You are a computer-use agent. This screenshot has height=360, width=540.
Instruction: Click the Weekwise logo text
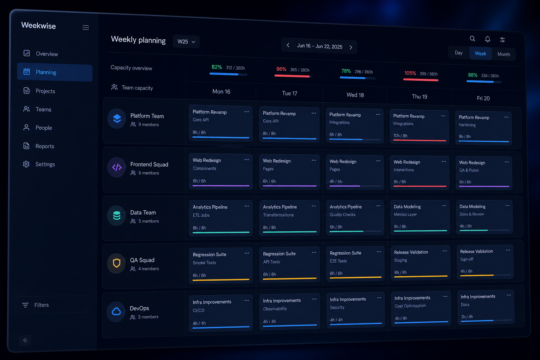[x=39, y=26]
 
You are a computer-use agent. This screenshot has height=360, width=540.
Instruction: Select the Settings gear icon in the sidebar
[x=26, y=164]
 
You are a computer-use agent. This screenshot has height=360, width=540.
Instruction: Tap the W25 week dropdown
[x=186, y=41]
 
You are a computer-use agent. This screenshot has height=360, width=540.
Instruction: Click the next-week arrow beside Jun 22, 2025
[x=351, y=47]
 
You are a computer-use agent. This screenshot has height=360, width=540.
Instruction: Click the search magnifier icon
[x=472, y=39]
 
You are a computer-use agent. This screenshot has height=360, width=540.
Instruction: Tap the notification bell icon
[x=488, y=39]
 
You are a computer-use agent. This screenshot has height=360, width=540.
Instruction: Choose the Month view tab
[x=503, y=54]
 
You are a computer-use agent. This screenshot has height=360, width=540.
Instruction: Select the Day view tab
[x=458, y=53]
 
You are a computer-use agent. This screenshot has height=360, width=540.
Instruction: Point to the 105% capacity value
[x=410, y=73]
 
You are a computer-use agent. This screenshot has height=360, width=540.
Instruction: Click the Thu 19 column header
[x=419, y=97]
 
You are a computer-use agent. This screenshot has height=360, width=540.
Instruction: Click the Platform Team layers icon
[x=117, y=118]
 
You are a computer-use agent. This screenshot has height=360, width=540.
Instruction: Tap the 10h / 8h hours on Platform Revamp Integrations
[x=400, y=135]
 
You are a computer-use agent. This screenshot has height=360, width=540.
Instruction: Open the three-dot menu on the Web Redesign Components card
[x=246, y=160]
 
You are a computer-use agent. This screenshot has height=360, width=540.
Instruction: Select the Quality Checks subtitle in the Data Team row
[x=342, y=214]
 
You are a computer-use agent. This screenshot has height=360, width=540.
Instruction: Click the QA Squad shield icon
[x=116, y=263]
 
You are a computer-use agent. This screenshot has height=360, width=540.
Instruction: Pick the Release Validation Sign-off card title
[x=476, y=251]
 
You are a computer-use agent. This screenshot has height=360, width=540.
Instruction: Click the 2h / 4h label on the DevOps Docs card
[x=467, y=317]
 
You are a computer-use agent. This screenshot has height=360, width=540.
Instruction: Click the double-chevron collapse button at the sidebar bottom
[x=25, y=340]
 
